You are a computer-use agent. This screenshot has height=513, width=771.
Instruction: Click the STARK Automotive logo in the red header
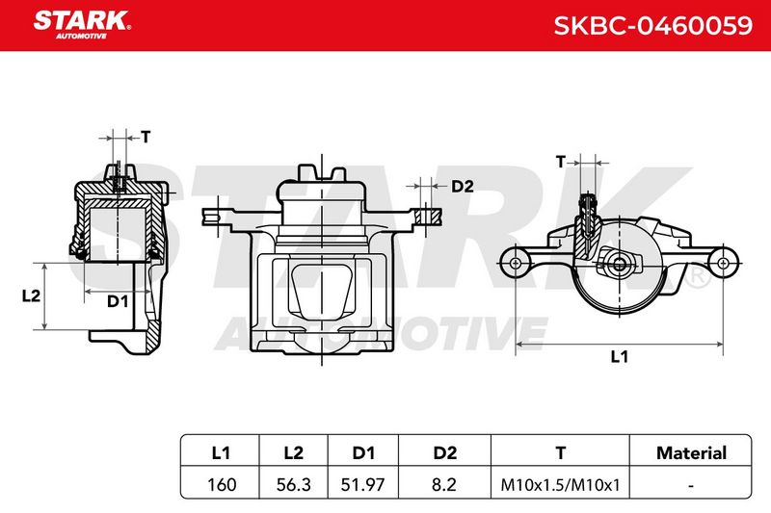point(82,25)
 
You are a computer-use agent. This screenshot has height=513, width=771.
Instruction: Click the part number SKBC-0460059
point(653,26)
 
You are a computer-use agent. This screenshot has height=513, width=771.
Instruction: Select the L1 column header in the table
point(221,452)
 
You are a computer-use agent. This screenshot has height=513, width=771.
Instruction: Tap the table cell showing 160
point(222,484)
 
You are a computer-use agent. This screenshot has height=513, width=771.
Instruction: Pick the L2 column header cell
point(294,452)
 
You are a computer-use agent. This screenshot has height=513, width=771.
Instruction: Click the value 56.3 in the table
point(294,484)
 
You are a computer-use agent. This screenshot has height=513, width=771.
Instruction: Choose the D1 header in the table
point(363,452)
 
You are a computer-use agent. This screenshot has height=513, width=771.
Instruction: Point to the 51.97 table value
point(363,484)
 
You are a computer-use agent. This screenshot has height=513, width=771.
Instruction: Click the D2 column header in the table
point(445,452)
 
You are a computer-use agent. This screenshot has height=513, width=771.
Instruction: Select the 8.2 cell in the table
point(444,484)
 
